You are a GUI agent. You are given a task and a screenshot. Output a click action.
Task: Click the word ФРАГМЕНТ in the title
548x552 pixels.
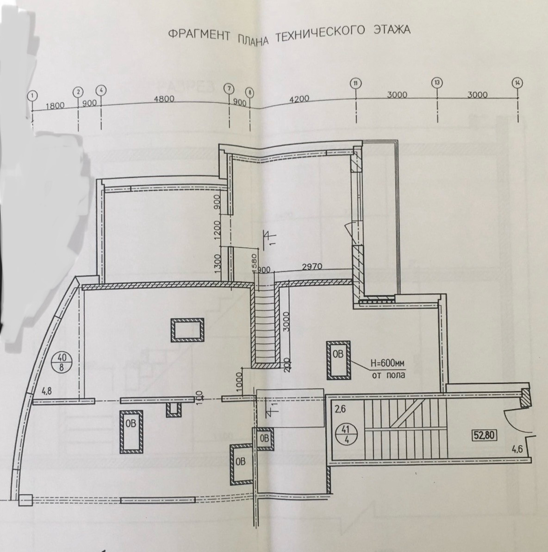point(198,36)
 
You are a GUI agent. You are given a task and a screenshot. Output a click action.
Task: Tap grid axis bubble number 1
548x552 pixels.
point(32,96)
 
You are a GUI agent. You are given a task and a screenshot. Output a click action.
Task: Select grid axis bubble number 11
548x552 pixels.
point(355,83)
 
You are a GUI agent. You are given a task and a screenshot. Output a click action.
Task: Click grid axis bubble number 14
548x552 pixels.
point(517,83)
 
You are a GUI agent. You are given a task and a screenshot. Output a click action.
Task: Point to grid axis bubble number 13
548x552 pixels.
point(437,83)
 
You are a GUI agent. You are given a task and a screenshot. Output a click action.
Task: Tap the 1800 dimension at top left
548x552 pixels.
point(55,106)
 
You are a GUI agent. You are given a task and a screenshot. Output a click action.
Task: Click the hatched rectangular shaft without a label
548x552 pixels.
point(187,330)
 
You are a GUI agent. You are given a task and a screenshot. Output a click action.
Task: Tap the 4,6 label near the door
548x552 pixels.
point(516,448)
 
